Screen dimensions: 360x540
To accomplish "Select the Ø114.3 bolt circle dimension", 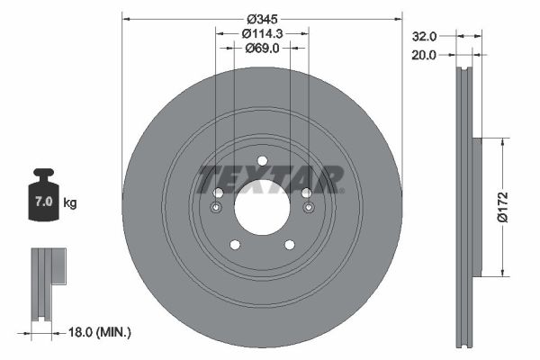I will (262, 33).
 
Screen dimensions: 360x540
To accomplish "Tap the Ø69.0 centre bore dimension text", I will (262, 49).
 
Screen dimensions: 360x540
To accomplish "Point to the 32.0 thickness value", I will (424, 37).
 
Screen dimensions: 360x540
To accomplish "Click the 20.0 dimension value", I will (424, 55).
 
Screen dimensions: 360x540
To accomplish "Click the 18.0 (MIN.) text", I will (100, 332).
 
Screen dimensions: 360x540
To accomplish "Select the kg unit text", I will (70, 203).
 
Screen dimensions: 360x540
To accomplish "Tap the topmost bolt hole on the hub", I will (262, 162).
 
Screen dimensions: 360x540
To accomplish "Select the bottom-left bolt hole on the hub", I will (235, 244).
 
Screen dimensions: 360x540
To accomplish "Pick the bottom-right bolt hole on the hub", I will (289, 244).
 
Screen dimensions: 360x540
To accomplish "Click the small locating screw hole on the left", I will (215, 209).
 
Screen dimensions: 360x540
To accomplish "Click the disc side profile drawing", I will (465, 207).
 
